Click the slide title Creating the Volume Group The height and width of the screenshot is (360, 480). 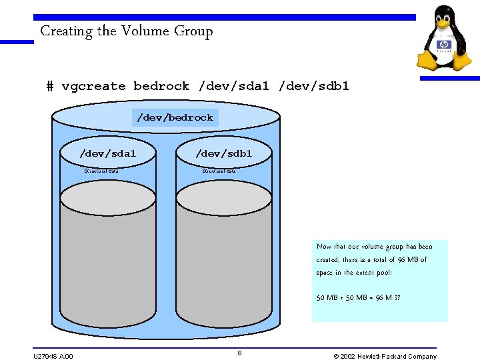point(126,31)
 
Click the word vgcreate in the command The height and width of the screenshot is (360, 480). point(93,86)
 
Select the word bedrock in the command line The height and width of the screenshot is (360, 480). point(161,86)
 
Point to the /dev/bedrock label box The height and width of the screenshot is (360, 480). point(175,117)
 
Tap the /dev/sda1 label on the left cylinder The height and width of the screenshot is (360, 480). point(107,153)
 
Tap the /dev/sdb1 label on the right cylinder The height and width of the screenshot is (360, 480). point(223,153)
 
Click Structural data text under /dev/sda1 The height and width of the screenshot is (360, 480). point(101,171)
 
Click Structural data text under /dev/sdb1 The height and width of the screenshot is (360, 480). point(219,171)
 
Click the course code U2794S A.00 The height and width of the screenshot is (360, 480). point(53,356)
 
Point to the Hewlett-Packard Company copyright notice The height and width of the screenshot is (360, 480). point(385,356)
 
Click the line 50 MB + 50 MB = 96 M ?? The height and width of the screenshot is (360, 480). point(358,298)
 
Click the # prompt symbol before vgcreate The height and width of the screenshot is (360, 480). point(50,86)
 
